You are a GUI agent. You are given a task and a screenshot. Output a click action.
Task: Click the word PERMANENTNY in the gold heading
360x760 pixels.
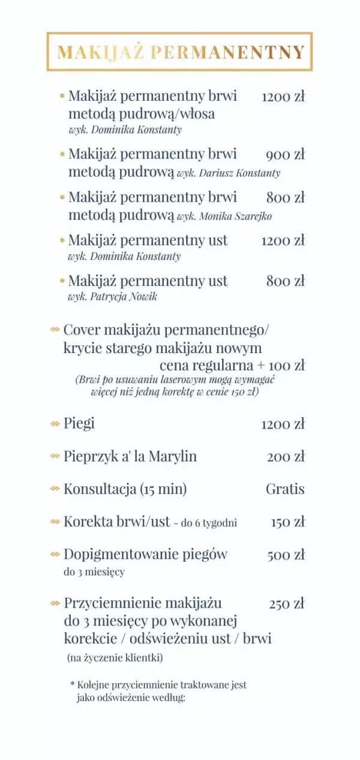[228, 52]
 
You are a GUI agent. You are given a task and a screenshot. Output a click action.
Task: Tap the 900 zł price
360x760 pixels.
[285, 155]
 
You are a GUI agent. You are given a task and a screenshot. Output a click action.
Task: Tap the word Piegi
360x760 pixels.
[79, 423]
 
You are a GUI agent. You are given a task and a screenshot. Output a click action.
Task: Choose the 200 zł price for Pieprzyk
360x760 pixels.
[286, 457]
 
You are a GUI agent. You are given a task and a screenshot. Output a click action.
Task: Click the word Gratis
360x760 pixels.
[285, 489]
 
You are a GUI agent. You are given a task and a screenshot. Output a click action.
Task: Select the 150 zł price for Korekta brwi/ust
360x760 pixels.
[287, 522]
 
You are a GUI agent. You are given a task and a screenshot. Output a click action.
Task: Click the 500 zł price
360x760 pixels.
[286, 555]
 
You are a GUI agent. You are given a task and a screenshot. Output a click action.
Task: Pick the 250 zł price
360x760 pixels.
[287, 604]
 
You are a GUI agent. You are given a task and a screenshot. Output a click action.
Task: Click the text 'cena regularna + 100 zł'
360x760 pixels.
[232, 365]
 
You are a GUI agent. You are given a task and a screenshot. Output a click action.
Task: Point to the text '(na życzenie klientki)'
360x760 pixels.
[115, 658]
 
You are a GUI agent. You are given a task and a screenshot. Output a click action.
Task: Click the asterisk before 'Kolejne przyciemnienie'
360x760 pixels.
[72, 684]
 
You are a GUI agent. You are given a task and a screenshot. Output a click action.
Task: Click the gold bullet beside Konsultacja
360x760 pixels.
[55, 489]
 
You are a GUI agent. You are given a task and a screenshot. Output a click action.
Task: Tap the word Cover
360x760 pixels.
[82, 330]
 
